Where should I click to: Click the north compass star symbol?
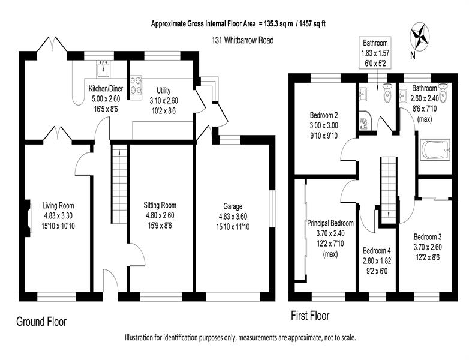pyautogui.click(x=420, y=37)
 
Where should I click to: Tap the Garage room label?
pyautogui.click(x=233, y=206)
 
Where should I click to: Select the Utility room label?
pyautogui.click(x=164, y=91)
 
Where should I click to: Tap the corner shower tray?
pyautogui.click(x=364, y=121)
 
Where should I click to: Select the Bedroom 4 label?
pyautogui.click(x=377, y=250)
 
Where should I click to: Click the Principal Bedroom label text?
pyautogui.click(x=330, y=223)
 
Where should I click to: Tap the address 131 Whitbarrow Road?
pyautogui.click(x=242, y=40)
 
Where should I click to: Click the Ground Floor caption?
pyautogui.click(x=41, y=322)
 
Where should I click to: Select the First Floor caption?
pyautogui.click(x=310, y=316)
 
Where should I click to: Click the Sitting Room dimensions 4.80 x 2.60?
pyautogui.click(x=160, y=215)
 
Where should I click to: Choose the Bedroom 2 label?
pyautogui.click(x=324, y=115)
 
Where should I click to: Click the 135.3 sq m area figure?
pyautogui.click(x=279, y=23)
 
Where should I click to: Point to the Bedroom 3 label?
pyautogui.click(x=428, y=237)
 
